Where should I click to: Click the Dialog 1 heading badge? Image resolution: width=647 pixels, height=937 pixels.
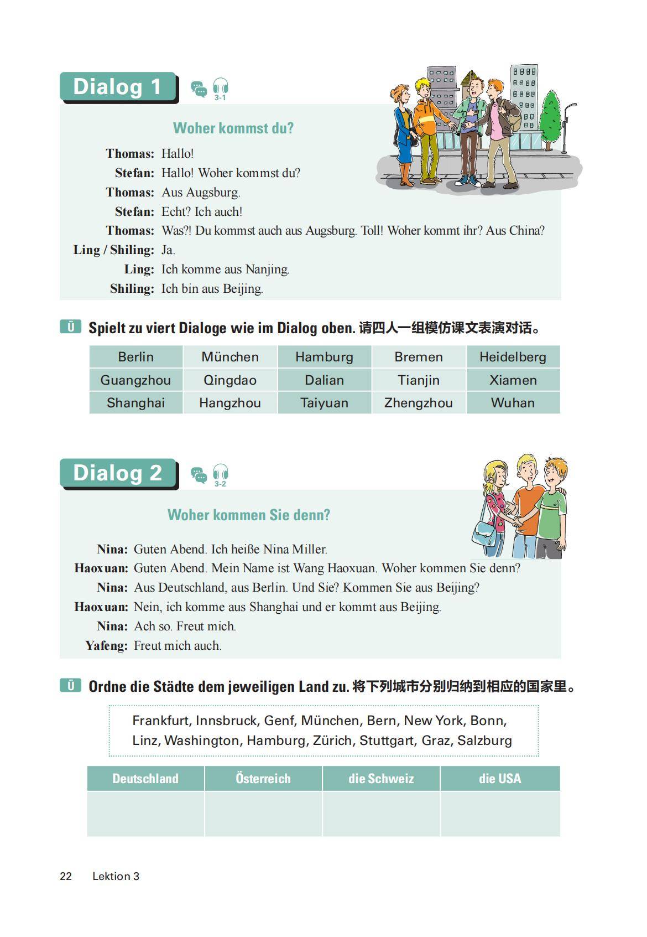[x=118, y=87]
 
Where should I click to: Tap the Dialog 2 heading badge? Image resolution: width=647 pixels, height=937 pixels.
[x=118, y=473]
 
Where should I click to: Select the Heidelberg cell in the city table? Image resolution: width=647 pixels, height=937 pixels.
[x=513, y=357]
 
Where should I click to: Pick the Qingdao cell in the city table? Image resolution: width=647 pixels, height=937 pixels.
[x=230, y=380]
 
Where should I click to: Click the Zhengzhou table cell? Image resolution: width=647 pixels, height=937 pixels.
[x=419, y=403]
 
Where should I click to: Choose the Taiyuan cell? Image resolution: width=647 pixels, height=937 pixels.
[x=324, y=403]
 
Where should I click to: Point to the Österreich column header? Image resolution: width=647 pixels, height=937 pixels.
[x=263, y=779]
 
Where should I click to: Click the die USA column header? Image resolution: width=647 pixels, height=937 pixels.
[x=500, y=779]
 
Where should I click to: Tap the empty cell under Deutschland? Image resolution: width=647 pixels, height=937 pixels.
[x=146, y=814]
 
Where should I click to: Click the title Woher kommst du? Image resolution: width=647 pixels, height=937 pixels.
[x=233, y=128]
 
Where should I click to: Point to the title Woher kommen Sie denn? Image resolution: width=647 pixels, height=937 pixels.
[x=249, y=515]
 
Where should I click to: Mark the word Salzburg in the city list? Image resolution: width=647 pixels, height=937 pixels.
[x=484, y=741]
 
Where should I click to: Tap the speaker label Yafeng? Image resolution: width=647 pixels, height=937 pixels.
[x=106, y=645]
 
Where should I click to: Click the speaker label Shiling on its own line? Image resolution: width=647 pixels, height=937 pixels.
[x=132, y=288]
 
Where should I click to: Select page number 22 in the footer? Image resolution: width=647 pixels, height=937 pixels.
[x=66, y=876]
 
